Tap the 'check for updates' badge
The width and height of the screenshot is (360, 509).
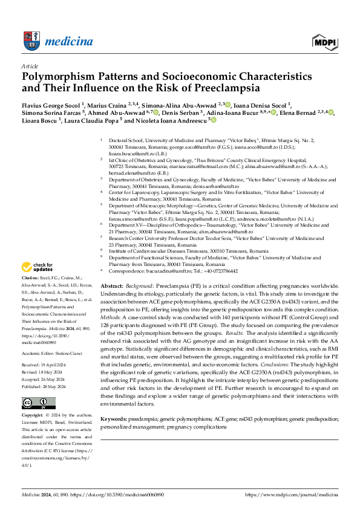(38, 267)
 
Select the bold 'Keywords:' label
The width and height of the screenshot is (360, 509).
(114, 418)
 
